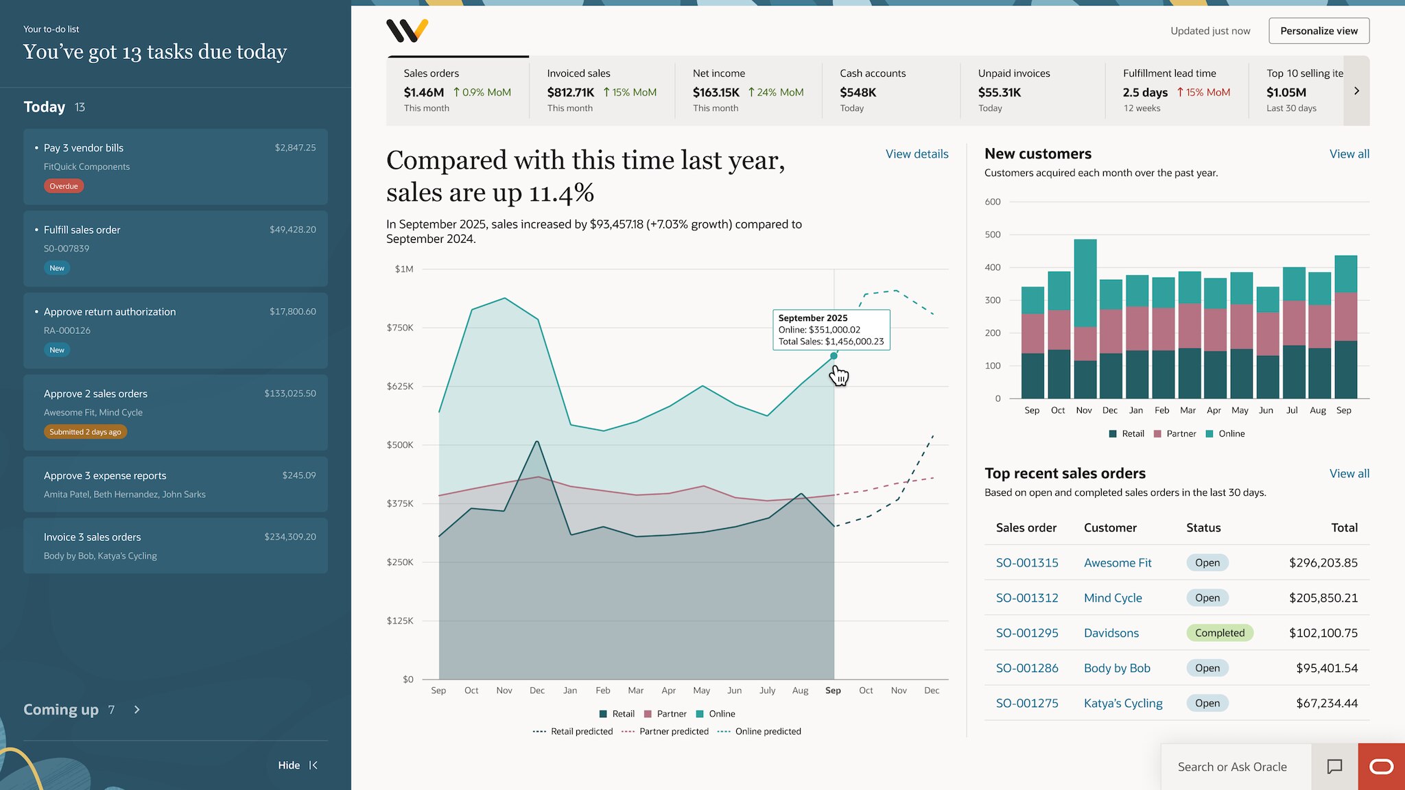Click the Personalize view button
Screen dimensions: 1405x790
coord(1319,31)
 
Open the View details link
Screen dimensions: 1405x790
coord(917,154)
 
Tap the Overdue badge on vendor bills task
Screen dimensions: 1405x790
coord(64,186)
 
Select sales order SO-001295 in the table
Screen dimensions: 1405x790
coord(1027,633)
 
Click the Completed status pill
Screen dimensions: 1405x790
coord(1220,633)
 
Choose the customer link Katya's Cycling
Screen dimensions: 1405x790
coord(1123,703)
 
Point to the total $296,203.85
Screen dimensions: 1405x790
coord(1323,563)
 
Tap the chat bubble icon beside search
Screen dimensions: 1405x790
coord(1334,767)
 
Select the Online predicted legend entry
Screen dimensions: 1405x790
coord(759,732)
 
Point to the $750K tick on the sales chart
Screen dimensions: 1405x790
coord(400,328)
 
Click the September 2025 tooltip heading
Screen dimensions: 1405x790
coord(813,318)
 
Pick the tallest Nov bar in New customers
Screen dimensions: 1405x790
coord(1085,319)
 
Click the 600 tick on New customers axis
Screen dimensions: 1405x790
coord(993,202)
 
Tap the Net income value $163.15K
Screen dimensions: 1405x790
coord(716,93)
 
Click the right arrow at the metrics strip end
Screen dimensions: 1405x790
coord(1356,91)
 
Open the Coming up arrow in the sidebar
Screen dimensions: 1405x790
coord(137,710)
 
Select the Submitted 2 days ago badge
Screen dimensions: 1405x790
coord(85,432)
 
